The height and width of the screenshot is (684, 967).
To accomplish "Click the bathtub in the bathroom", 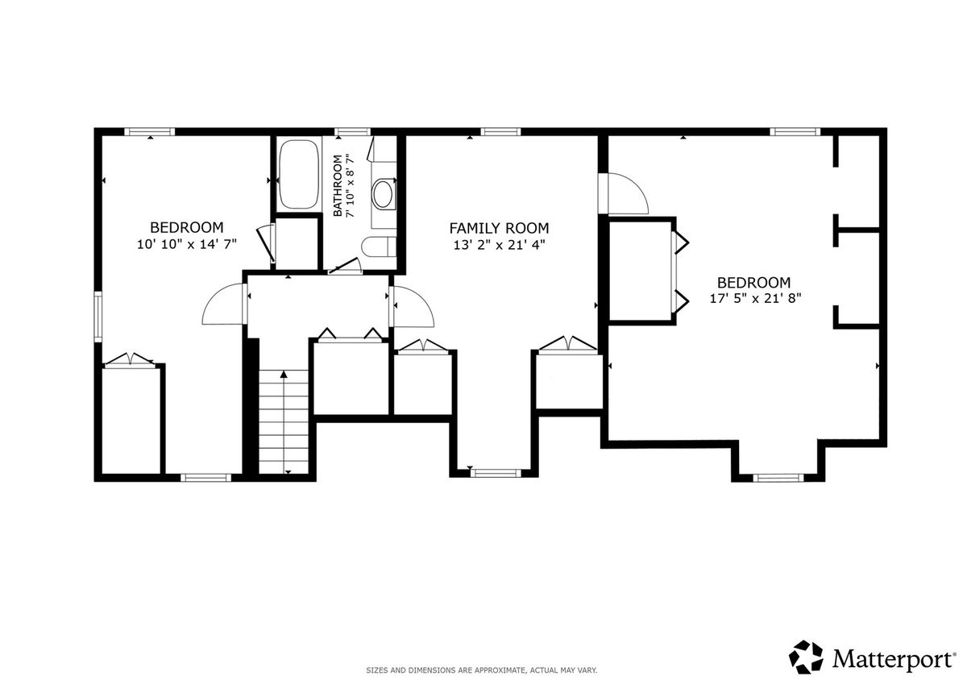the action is [299, 174].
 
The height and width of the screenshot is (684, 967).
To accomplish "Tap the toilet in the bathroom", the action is [379, 247].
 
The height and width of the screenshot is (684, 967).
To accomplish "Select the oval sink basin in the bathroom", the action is [382, 194].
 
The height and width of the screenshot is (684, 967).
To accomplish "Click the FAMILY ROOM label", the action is [499, 228].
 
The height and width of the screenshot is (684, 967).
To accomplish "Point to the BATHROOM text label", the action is [338, 185].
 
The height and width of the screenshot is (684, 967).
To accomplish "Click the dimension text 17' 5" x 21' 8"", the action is [756, 298].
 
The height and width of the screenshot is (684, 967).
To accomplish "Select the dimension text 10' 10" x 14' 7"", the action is [187, 244].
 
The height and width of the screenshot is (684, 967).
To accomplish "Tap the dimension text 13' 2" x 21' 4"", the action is [499, 245].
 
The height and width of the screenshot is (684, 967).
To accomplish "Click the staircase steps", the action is [284, 421].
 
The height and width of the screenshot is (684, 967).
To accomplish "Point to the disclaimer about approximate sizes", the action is [481, 670].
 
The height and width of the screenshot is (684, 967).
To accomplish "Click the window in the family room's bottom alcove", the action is [496, 473].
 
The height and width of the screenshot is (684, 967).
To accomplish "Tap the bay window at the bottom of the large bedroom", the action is [778, 478].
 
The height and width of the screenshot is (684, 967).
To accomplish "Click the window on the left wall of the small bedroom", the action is [98, 317].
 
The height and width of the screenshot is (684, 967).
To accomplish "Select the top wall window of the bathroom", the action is [353, 131].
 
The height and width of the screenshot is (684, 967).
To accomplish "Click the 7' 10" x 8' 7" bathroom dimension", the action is [350, 185].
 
